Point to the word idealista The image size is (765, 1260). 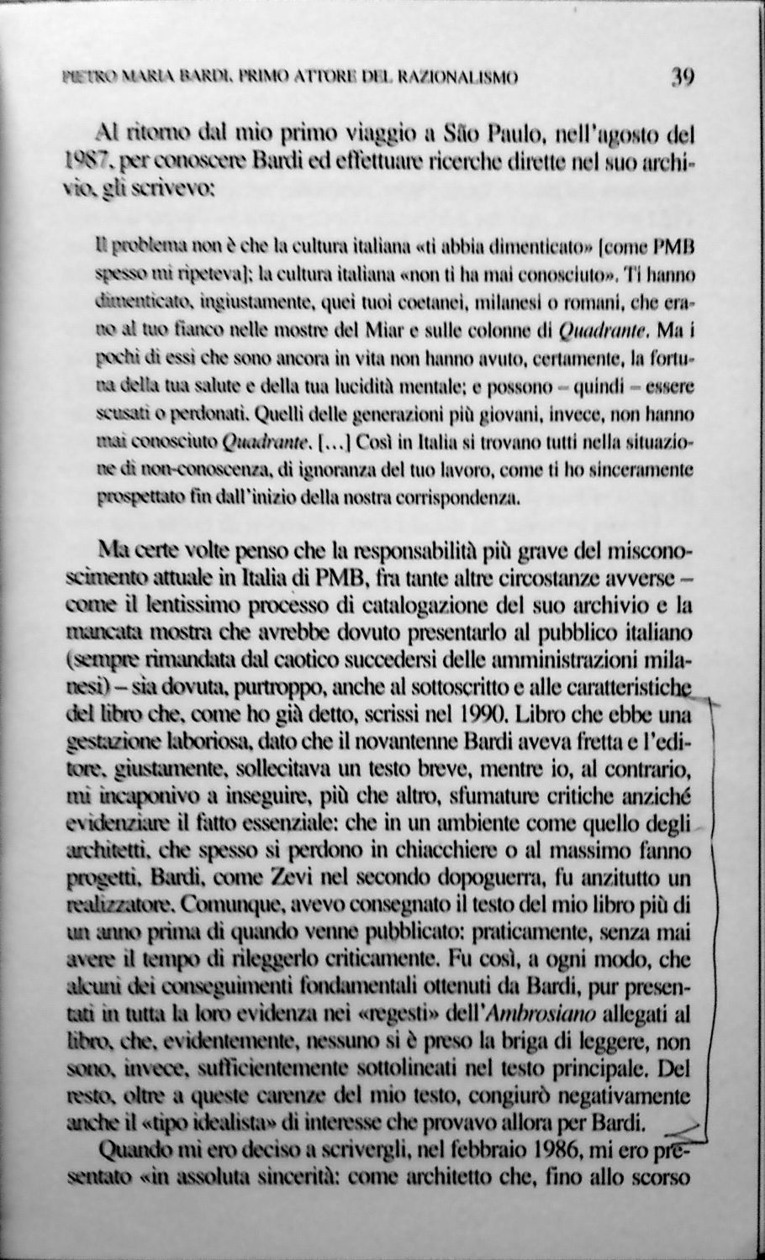click(x=227, y=1122)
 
